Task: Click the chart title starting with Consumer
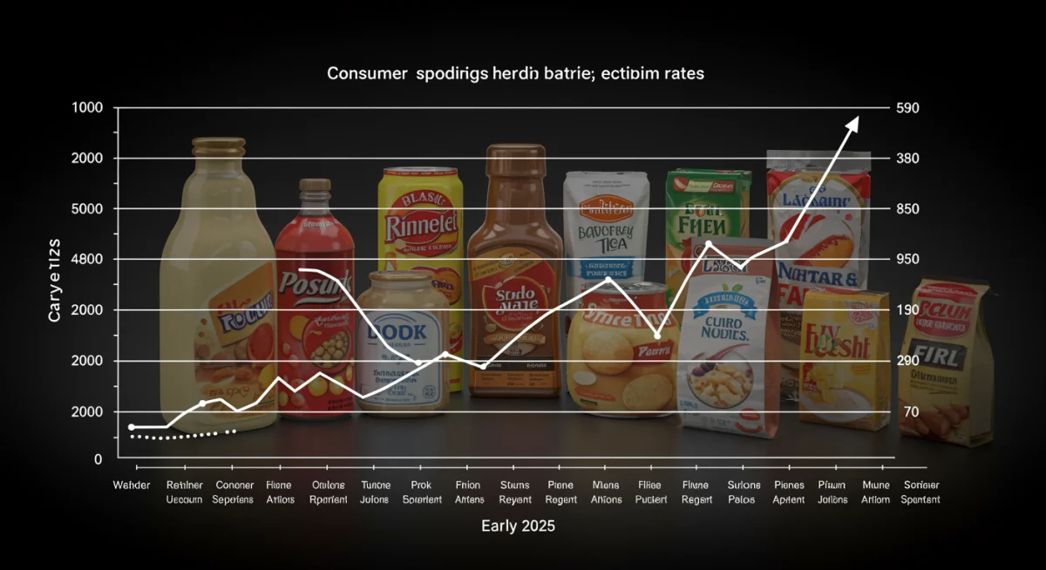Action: coord(515,74)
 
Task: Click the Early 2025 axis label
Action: coord(518,526)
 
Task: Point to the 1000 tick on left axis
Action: coord(87,107)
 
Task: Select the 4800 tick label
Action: coord(87,260)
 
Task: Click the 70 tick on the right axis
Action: coord(911,411)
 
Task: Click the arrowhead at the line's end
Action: coord(852,123)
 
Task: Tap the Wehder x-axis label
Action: coord(132,485)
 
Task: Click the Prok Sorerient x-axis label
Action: coord(422,492)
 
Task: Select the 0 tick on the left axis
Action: coord(98,458)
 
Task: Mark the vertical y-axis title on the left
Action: coord(55,279)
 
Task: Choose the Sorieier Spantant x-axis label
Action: coord(921,492)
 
